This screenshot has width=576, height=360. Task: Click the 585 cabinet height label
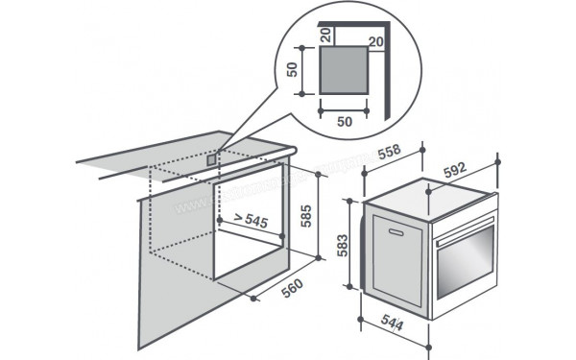(304, 214)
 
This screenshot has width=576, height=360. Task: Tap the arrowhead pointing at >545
(222, 221)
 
